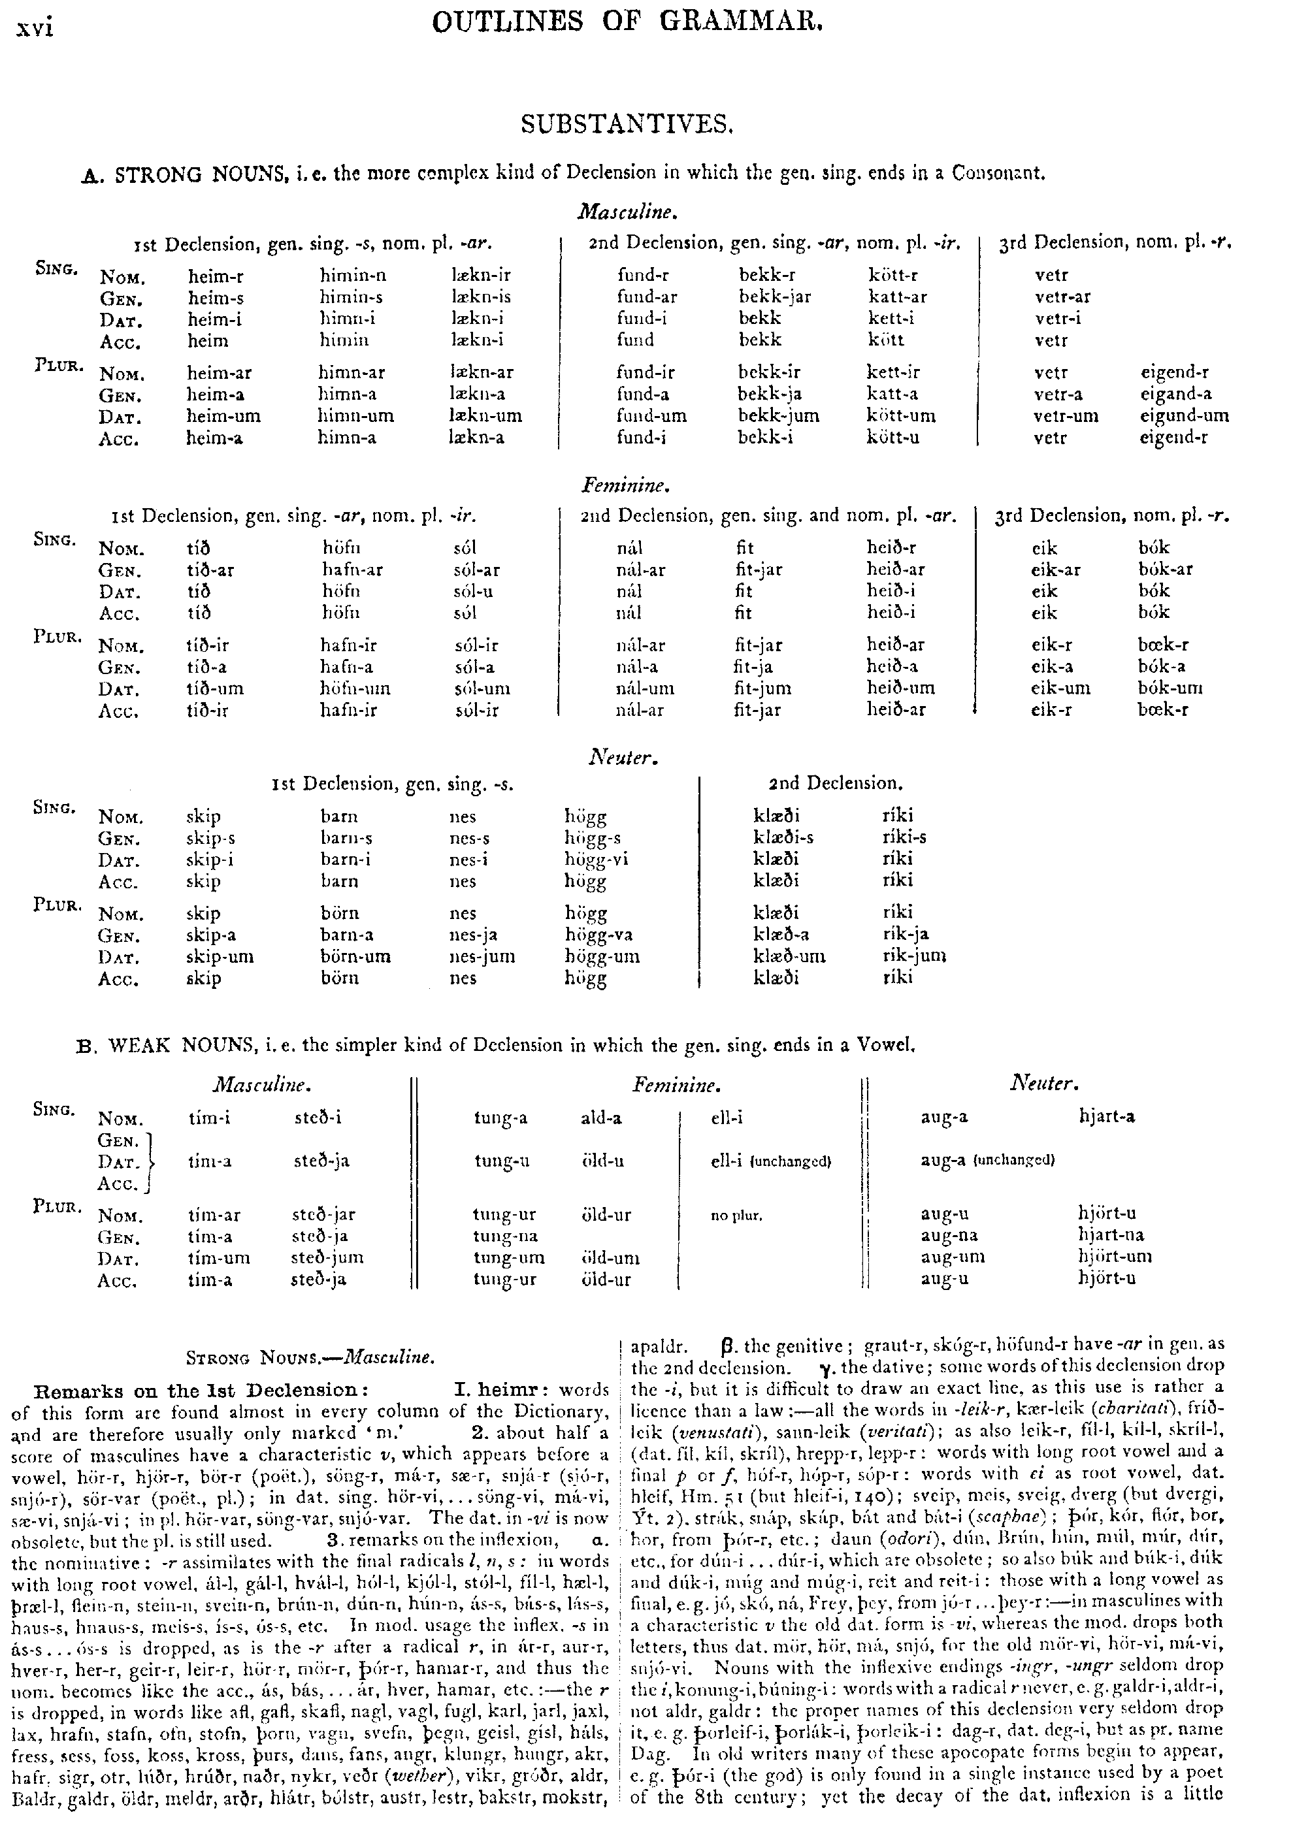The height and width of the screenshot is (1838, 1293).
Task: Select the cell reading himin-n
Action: [352, 276]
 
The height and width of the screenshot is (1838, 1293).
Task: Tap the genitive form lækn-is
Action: [480, 297]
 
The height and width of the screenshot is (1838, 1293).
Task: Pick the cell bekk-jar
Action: [774, 297]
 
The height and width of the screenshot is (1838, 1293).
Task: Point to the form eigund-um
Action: [1184, 415]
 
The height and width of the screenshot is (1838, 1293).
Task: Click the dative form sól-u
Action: [472, 592]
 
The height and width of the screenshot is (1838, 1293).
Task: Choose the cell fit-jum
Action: [762, 688]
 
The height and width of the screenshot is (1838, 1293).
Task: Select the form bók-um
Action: [1170, 688]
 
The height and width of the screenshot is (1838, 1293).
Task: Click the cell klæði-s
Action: [783, 838]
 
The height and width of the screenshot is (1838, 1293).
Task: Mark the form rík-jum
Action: [913, 956]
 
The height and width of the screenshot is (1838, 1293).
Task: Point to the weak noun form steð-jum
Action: [327, 1257]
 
